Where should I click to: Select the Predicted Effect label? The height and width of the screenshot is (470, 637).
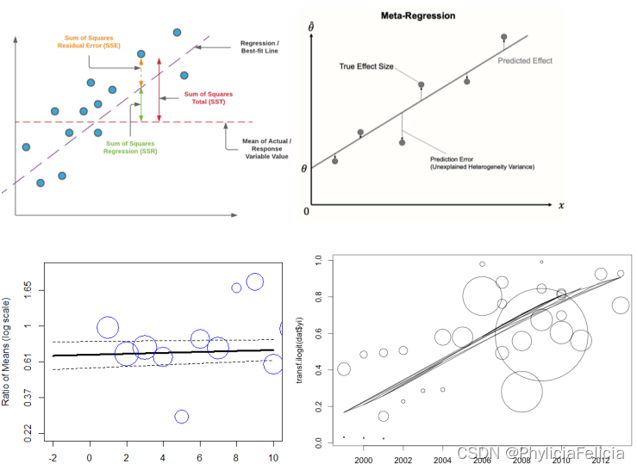coord(525,61)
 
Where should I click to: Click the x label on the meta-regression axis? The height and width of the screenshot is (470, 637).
coord(560,206)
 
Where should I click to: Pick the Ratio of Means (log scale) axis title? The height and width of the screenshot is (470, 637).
coord(8,351)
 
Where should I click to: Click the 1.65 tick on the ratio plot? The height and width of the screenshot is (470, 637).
coord(28,286)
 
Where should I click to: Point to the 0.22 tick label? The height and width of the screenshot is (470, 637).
coord(28,430)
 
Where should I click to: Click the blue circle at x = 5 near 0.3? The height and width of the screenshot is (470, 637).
coord(182,417)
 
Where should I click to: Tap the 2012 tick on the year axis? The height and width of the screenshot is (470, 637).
coord(601,461)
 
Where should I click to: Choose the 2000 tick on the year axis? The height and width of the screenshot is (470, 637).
coord(364,461)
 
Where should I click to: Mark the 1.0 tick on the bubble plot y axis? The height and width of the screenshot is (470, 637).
coord(318,259)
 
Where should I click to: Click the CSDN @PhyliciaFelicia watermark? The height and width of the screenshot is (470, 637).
coord(541,452)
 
